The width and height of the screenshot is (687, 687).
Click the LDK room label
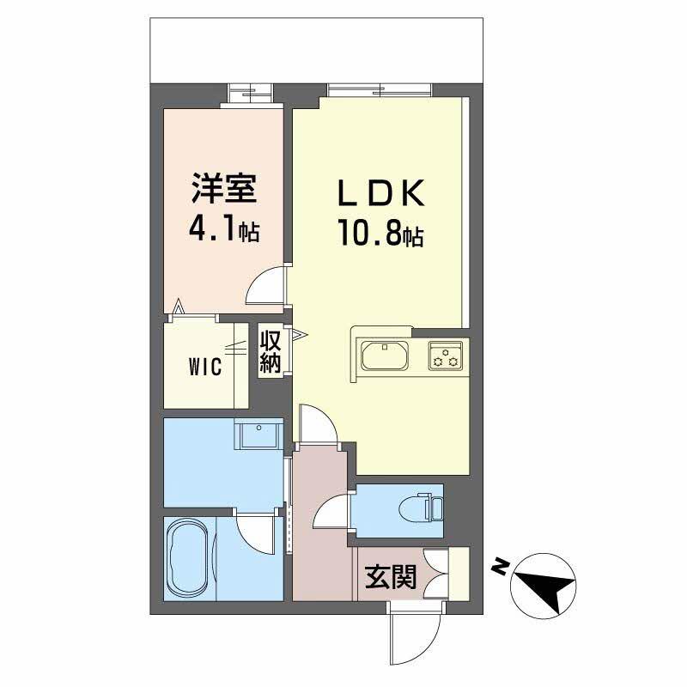[380, 193]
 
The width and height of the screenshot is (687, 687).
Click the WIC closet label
[207, 367]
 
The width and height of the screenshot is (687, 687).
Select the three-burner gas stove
[447, 355]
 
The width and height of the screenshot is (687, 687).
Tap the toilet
[425, 507]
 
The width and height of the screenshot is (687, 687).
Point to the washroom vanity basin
[259, 435]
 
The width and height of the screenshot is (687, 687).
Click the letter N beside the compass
[499, 566]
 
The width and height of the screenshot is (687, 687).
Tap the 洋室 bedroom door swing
[267, 286]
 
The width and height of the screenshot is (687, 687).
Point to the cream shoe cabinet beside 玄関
[459, 573]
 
